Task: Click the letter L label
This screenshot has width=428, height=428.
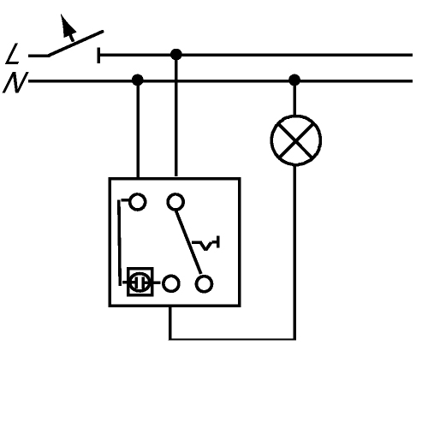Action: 12,53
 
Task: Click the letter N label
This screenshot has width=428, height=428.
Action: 15,82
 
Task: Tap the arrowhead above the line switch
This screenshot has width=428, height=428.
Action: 68,27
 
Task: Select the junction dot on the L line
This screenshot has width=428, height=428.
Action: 176,55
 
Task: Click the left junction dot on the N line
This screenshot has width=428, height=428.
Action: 138,80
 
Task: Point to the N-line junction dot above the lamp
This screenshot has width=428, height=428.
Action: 294,80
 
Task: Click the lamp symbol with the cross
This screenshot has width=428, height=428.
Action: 296,140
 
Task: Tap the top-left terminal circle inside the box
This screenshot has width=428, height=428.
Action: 138,202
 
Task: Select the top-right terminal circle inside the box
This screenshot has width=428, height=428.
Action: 175,202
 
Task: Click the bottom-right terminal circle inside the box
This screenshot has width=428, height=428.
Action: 204,284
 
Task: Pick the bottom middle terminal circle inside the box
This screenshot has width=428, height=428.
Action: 171,283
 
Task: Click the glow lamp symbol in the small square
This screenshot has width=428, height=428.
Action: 140,282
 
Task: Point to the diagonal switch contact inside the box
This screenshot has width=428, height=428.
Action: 188,242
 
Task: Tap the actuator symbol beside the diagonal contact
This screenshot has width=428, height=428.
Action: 205,243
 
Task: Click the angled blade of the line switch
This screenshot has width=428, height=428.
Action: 75,44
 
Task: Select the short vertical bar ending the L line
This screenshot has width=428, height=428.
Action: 98,55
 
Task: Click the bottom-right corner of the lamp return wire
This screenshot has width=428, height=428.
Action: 294,339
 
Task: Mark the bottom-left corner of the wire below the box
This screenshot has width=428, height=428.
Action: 170,339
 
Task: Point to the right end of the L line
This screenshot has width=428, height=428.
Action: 412,55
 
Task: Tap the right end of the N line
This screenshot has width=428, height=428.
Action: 412,81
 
